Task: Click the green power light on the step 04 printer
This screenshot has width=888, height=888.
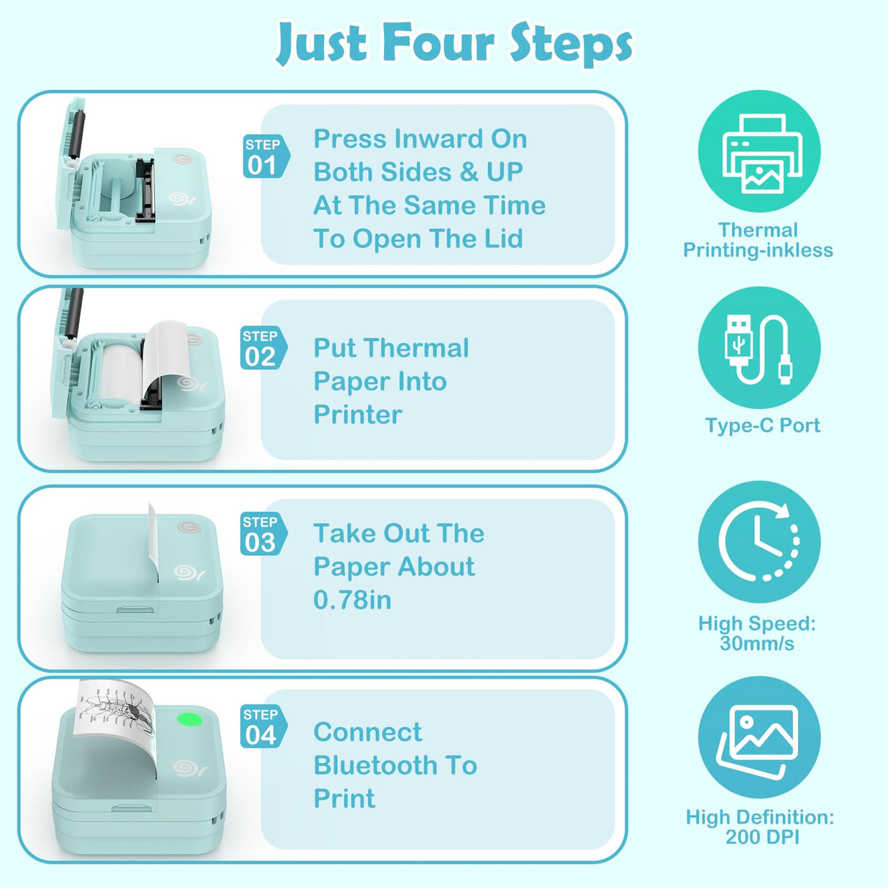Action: tap(190, 720)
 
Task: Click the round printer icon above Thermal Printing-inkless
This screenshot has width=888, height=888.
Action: tap(759, 151)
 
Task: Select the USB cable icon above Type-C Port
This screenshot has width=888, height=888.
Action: tap(759, 348)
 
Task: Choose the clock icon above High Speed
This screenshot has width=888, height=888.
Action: tap(759, 542)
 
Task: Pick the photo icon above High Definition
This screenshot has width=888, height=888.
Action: tap(759, 737)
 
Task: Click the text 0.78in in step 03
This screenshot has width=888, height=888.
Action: tap(353, 601)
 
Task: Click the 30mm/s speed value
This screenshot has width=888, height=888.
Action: tap(756, 644)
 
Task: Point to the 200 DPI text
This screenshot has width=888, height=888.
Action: tap(761, 838)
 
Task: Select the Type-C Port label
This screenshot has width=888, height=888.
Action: tap(762, 426)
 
